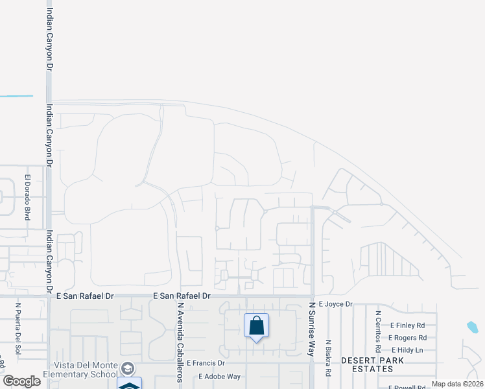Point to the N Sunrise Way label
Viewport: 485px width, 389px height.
pyautogui.click(x=311, y=329)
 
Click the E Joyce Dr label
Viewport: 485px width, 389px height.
pyautogui.click(x=335, y=304)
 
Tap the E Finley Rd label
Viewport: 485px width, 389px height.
pyautogui.click(x=407, y=325)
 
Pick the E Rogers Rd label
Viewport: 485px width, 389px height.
pyautogui.click(x=407, y=338)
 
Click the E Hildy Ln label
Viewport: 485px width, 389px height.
pyautogui.click(x=407, y=350)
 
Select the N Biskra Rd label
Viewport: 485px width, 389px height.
pyautogui.click(x=329, y=359)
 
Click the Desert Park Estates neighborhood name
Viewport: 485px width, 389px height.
pyautogui.click(x=367, y=364)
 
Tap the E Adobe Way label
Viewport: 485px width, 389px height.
pyautogui.click(x=219, y=376)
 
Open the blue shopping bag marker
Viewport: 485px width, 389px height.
pyautogui.click(x=256, y=325)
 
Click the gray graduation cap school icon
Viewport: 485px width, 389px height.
pyautogui.click(x=128, y=368)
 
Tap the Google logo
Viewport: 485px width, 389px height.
pyautogui.click(x=22, y=381)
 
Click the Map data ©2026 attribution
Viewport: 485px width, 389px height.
pyautogui.click(x=457, y=384)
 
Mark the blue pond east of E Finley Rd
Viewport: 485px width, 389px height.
pyautogui.click(x=472, y=327)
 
